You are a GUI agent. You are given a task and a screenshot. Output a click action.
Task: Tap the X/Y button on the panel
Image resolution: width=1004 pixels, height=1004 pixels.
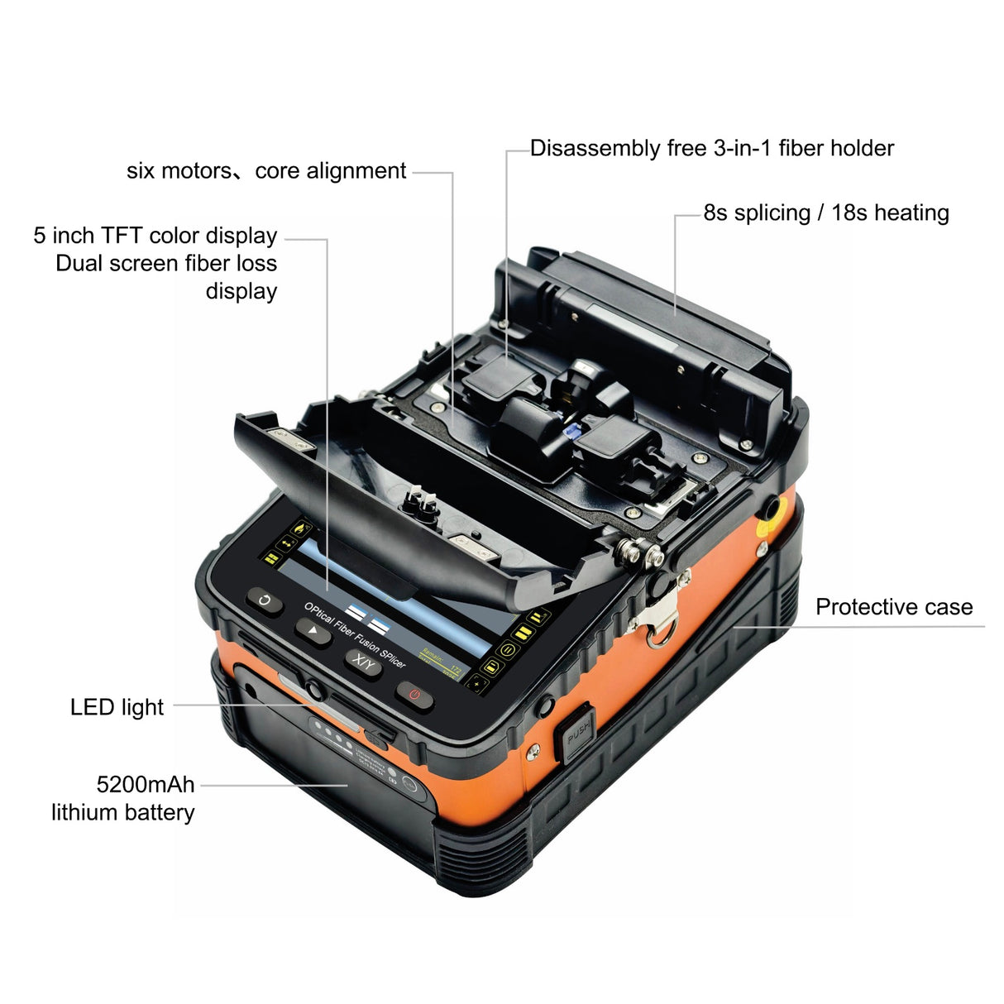pos(363,662)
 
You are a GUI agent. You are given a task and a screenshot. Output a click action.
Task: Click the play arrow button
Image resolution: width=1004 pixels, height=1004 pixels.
pos(313,632)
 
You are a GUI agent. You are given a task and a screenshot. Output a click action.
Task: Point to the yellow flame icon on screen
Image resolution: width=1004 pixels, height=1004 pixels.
pos(299,527)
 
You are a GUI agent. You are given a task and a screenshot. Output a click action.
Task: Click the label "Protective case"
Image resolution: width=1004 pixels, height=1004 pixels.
pos(893,607)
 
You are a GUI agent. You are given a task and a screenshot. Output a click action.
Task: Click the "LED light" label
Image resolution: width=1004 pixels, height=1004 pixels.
pos(117,707)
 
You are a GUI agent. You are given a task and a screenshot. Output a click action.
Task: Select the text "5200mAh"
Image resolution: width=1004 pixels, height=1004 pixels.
pos(146,784)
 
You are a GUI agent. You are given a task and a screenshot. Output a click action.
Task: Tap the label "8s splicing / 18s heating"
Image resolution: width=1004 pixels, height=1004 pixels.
pos(825,213)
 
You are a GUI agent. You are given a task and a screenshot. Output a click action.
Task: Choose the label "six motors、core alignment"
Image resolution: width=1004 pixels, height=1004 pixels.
pos(266,171)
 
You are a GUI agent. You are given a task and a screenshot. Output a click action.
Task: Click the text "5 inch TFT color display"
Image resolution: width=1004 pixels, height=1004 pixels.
pos(155,236)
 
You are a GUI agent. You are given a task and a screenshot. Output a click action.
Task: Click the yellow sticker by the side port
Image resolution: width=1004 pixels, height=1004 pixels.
pos(762,547)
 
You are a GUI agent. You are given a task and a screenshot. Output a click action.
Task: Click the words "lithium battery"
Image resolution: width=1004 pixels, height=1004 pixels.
pos(122,812)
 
